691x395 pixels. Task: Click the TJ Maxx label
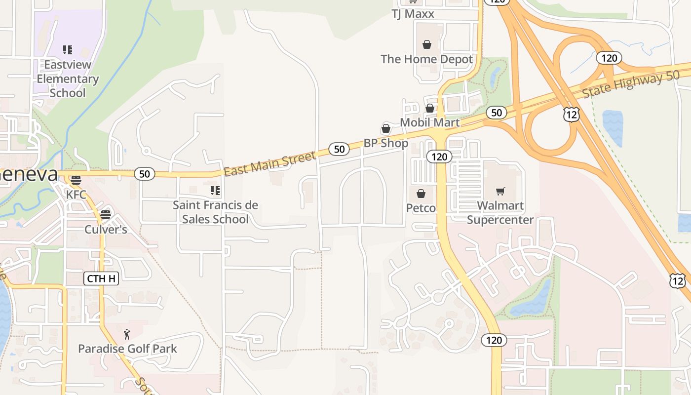pos(413,14)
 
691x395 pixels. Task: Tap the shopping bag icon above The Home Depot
pos(427,45)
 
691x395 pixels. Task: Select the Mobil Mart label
pos(429,122)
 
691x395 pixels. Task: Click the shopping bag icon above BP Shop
pos(386,129)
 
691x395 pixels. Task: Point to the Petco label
pos(421,208)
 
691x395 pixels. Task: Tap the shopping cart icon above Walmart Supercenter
pos(500,191)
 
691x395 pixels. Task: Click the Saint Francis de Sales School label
pos(215,212)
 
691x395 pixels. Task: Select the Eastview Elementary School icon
pos(68,50)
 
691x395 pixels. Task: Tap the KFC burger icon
pos(76,180)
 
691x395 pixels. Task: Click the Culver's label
pos(106,230)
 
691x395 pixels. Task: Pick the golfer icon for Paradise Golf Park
pos(127,334)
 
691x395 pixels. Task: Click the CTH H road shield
pos(101,278)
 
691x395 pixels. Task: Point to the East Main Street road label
pos(269,164)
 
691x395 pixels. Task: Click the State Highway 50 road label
pos(631,84)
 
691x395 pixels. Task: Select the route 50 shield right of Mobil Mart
pos(497,113)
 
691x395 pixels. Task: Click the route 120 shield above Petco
pos(439,157)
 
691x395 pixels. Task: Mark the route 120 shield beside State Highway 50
pos(609,58)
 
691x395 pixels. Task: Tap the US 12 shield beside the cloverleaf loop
pos(571,115)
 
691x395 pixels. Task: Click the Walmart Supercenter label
pos(500,212)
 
